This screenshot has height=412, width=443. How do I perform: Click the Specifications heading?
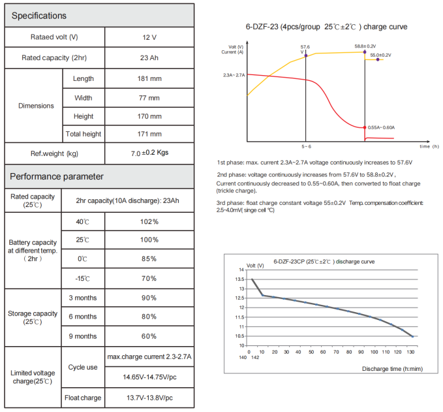[x=38, y=15]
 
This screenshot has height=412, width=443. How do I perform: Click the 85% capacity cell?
[x=149, y=259]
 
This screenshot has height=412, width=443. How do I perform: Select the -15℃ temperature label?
[x=83, y=278]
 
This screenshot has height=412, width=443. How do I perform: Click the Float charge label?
[x=83, y=398]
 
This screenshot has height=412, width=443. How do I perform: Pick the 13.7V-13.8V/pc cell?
[x=149, y=398]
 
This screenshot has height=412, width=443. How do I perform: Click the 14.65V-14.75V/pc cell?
[x=149, y=377]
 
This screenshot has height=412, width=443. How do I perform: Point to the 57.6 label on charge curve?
[x=305, y=48]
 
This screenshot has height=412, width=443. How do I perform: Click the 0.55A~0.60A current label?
[x=382, y=127]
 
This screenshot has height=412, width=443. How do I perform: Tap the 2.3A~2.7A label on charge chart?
[x=233, y=76]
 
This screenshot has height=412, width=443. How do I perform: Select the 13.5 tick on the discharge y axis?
[x=241, y=279]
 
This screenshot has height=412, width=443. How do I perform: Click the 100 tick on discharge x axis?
[x=374, y=351]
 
